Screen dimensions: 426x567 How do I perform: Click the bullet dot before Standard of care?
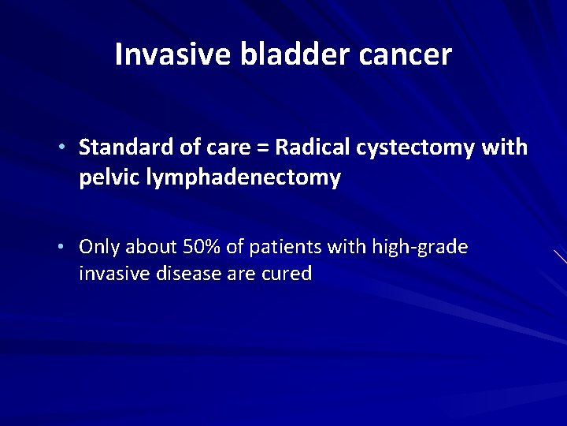coord(69,148)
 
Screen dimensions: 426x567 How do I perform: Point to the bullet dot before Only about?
coord(69,248)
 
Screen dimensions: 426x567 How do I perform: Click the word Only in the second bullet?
coord(97,248)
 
